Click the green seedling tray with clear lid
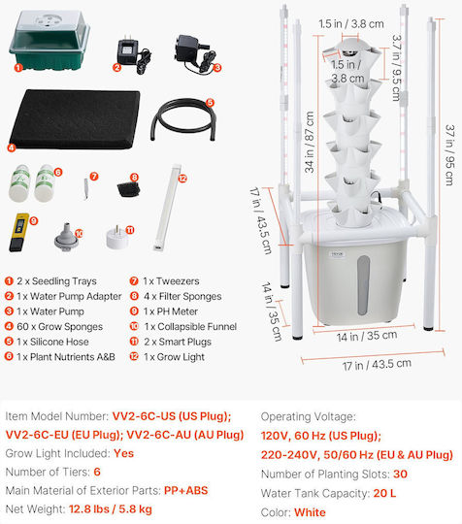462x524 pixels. coord(49,40)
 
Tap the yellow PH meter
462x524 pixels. coord(18,232)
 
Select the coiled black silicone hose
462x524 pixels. coord(183,118)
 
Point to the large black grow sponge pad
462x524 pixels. coord(74,119)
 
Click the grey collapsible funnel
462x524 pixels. coord(67,236)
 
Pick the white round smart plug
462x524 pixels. coord(117,238)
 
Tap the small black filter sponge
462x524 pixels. coord(128,189)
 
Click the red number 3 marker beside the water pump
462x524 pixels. coord(217,68)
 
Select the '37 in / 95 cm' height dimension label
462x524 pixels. coord(449,154)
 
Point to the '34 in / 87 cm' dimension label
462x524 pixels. coord(310,142)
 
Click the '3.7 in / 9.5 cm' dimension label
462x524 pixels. coord(396,68)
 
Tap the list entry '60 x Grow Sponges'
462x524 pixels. coord(60,326)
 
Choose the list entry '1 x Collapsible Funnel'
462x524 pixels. coord(190,326)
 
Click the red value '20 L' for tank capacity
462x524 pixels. coord(384,493)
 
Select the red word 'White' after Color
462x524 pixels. coord(310,512)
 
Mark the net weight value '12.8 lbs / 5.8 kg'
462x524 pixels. coord(111,509)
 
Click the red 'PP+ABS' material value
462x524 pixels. coord(186,490)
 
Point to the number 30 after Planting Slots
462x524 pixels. coord(400,474)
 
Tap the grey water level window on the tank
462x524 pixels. coord(363,285)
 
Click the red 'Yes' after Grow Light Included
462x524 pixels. coord(123,453)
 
